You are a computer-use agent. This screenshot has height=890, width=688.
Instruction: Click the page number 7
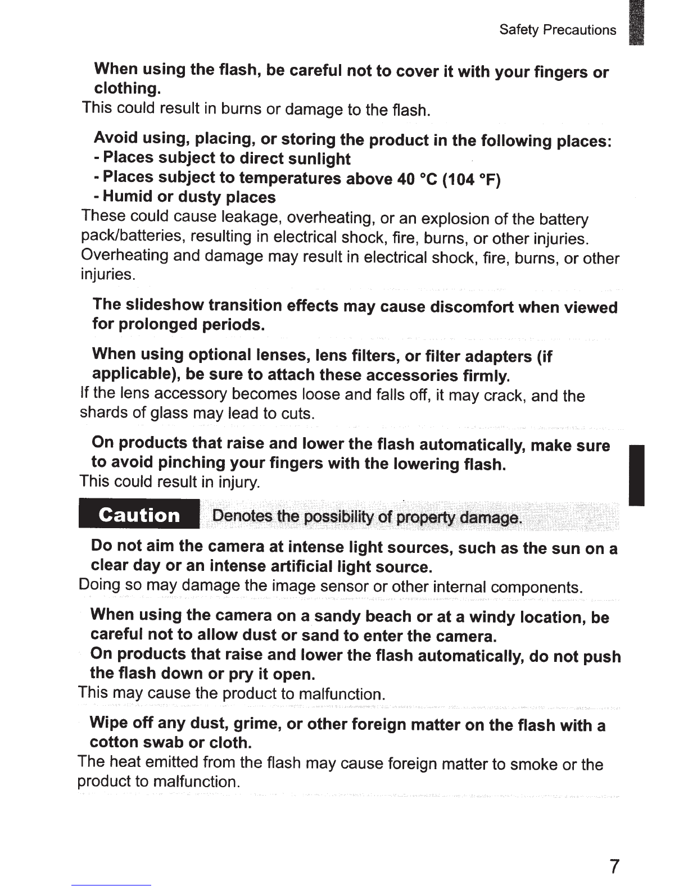614,866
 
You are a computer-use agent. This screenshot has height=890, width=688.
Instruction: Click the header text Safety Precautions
558,30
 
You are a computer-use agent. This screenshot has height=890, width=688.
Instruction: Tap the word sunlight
319,159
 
